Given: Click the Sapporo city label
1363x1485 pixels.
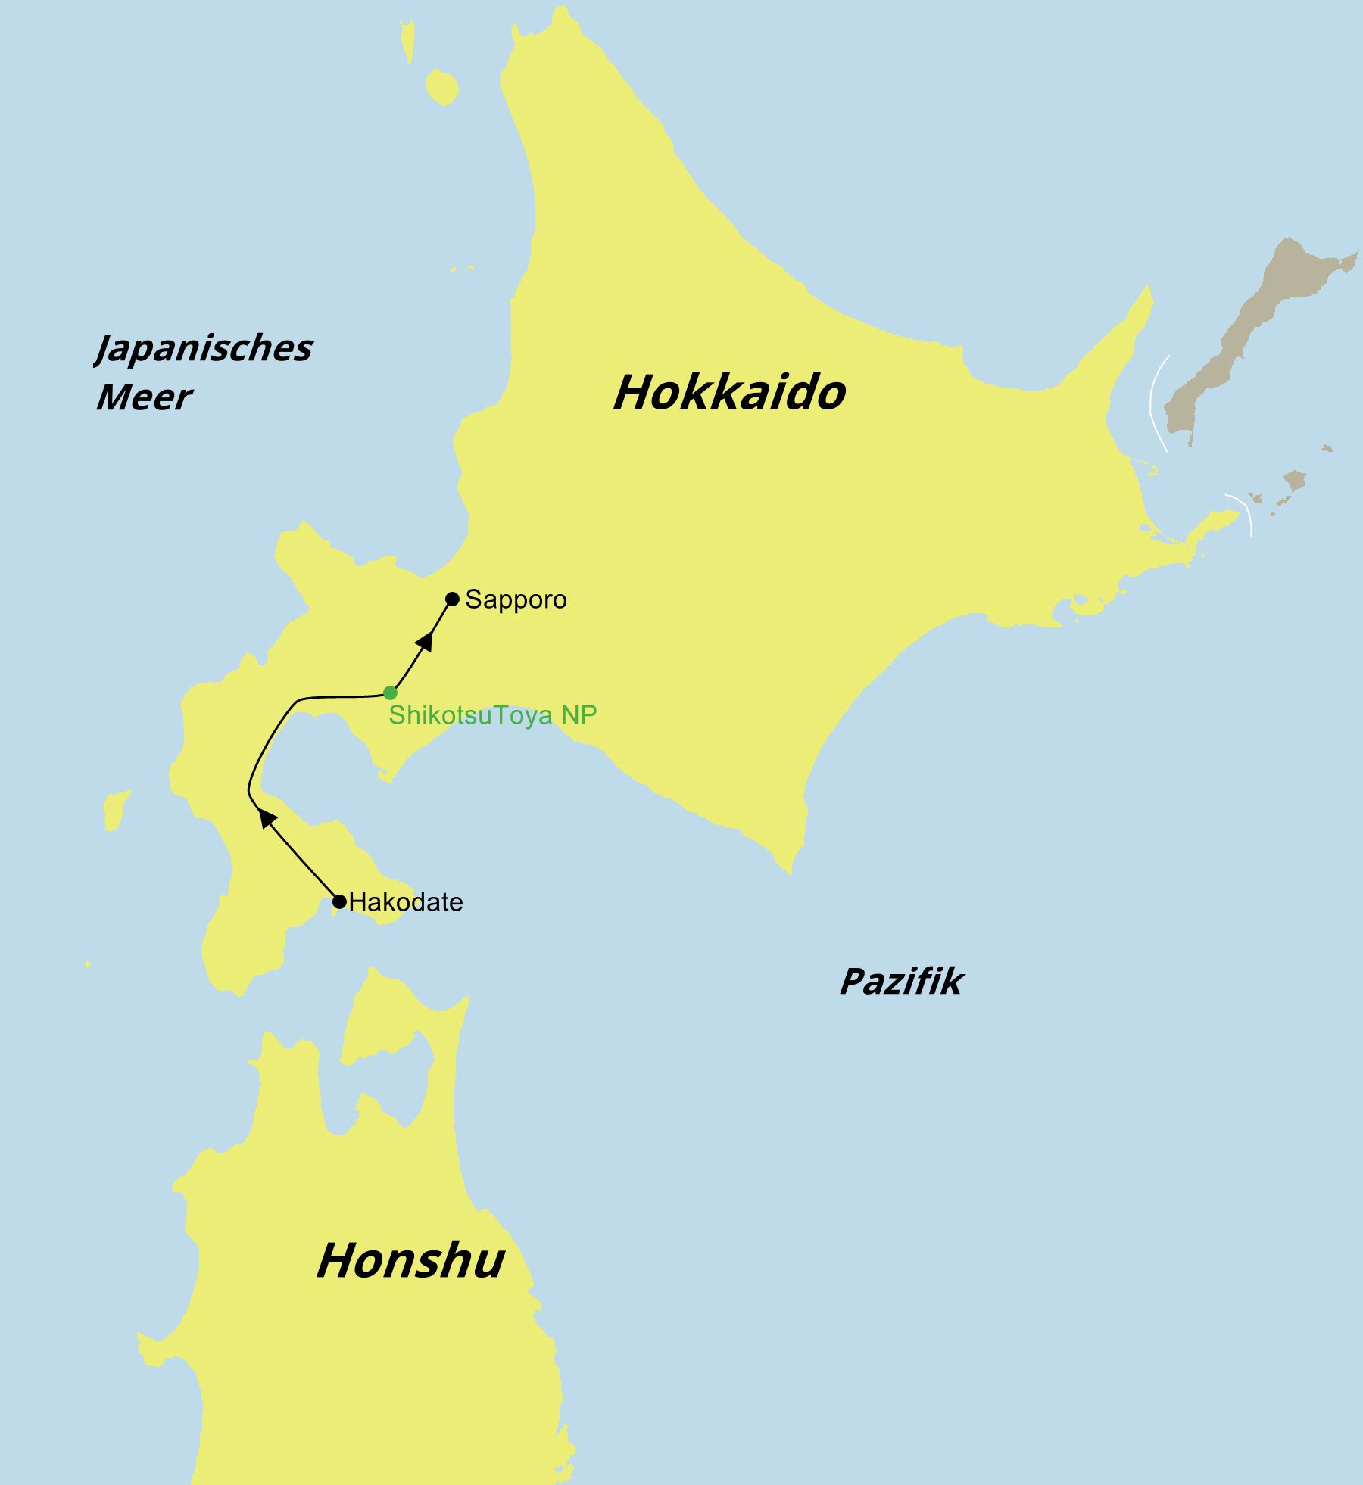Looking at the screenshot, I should tap(516, 599).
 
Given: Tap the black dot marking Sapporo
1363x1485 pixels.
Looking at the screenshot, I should tap(452, 599).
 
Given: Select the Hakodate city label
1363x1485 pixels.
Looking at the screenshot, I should tap(406, 902).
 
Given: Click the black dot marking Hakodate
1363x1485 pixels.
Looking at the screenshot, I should tap(340, 901).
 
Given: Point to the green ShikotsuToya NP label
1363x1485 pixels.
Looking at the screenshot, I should tap(492, 715).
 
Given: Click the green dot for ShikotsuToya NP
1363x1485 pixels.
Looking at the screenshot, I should tap(390, 693).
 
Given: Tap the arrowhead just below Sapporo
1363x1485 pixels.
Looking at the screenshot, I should tap(426, 641).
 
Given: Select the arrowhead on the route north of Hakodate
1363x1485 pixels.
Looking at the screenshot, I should tap(266, 818).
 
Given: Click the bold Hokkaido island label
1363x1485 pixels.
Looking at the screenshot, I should tap(728, 392).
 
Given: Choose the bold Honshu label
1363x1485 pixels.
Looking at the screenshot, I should tap(410, 1261).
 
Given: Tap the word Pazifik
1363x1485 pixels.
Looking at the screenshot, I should tap(901, 982).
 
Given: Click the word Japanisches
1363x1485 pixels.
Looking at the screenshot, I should tap(204, 348).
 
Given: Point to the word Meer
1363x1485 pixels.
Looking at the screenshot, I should tap(144, 397).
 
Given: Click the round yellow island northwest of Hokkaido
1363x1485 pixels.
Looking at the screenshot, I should tap(441, 87).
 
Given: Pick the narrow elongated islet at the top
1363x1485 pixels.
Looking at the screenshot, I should tap(408, 42).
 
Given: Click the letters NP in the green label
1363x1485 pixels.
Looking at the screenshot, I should tap(579, 715).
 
